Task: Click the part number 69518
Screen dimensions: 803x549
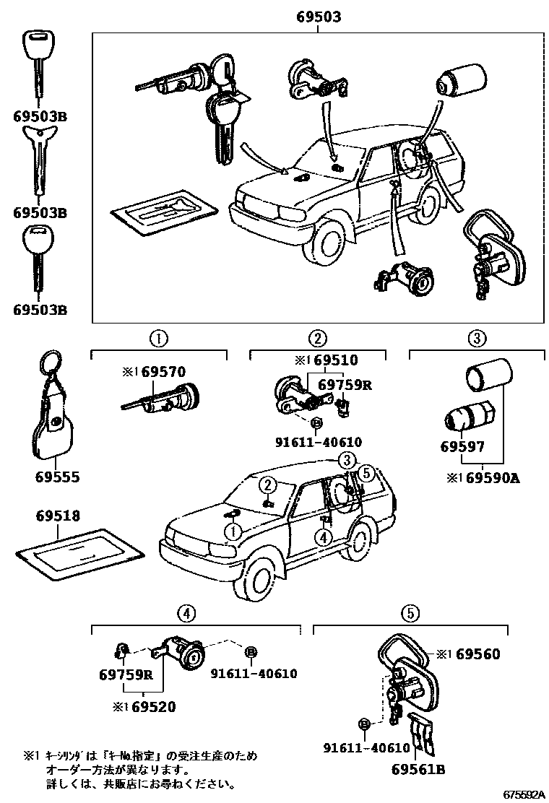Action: [x=59, y=516]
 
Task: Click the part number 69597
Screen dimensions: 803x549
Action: [x=462, y=447]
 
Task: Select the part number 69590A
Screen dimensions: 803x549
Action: [x=501, y=478]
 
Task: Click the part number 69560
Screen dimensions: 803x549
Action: [x=477, y=654]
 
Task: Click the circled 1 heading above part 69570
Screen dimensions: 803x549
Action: [x=159, y=337]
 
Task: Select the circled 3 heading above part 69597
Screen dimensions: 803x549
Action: [x=476, y=337]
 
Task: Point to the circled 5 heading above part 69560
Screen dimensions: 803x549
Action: [x=410, y=614]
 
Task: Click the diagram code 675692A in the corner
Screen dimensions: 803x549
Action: [x=523, y=794]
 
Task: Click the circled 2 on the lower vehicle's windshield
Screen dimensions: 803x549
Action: [x=267, y=485]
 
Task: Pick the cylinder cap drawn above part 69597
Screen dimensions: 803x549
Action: [x=487, y=378]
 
